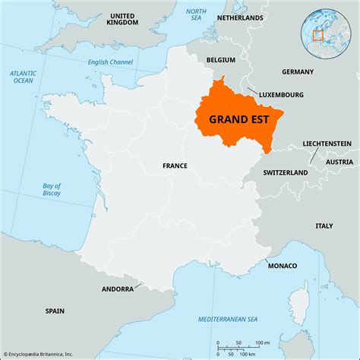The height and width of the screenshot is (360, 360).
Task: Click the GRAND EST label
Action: pyautogui.click(x=238, y=118)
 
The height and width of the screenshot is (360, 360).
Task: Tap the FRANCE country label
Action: pyautogui.click(x=175, y=165)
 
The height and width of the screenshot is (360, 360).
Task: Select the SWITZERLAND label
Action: pyautogui.click(x=285, y=172)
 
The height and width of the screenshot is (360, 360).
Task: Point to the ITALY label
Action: pyautogui.click(x=324, y=226)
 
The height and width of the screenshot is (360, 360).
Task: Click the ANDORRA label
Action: pyautogui.click(x=118, y=289)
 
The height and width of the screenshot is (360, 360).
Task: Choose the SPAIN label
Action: pyautogui.click(x=55, y=310)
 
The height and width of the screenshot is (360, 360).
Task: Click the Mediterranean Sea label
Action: pyautogui.click(x=210, y=318)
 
